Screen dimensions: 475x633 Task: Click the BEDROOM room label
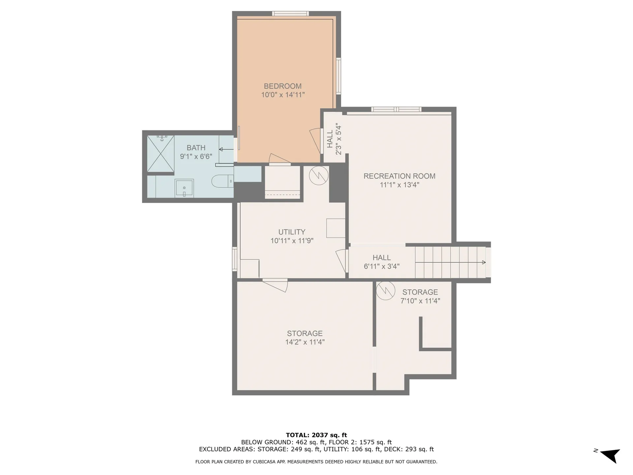283,86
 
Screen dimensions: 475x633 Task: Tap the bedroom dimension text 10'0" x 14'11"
283,95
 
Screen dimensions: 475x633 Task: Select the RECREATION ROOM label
399,176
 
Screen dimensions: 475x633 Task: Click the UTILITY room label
291,232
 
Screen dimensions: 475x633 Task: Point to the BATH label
196,148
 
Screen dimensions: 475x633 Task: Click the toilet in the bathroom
221,181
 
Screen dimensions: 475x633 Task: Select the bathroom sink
184,188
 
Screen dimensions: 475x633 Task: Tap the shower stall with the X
160,153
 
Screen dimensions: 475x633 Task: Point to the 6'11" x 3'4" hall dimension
381,267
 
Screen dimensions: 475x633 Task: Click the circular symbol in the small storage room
385,290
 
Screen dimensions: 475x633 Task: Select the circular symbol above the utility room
319,175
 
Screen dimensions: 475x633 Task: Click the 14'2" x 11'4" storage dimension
305,342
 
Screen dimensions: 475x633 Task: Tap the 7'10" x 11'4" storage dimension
420,301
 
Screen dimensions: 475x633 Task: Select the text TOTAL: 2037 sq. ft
316,435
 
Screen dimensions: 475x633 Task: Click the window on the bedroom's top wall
290,14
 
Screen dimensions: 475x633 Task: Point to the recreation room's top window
396,110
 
